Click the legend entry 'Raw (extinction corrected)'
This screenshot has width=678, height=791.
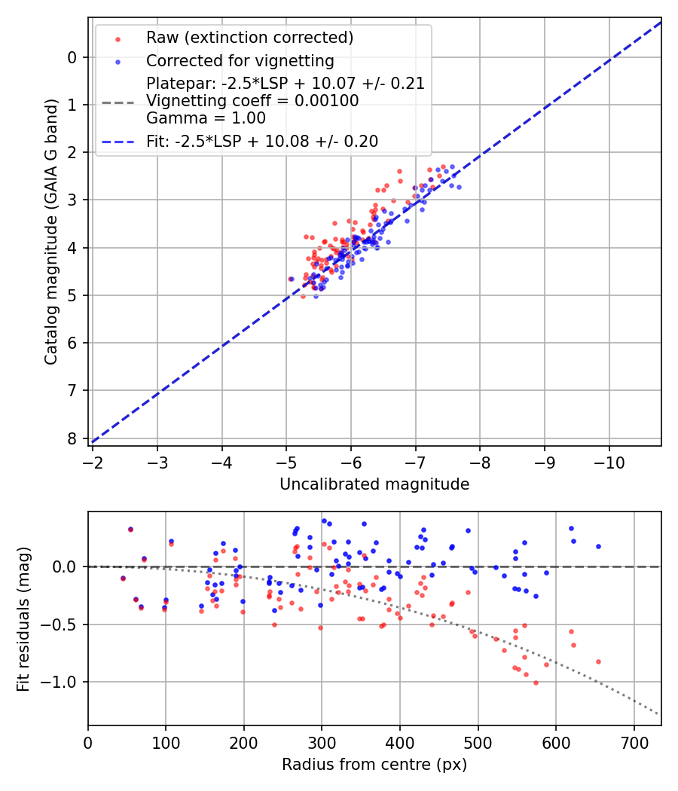(249, 38)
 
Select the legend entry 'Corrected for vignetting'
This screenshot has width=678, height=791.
(240, 60)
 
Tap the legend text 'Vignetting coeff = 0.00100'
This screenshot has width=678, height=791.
(252, 101)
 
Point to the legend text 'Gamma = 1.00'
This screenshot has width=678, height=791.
(206, 118)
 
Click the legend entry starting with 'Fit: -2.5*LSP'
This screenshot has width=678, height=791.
(261, 141)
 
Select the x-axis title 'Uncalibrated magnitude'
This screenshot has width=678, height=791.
(374, 484)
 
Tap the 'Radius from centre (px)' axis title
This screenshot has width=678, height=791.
(374, 765)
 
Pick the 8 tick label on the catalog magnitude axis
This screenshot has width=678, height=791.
(72, 438)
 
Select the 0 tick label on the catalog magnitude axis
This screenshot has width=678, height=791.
(72, 57)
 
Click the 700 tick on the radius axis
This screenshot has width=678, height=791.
(634, 742)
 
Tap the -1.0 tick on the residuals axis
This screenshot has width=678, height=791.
(65, 682)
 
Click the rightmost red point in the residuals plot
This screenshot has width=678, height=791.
(598, 661)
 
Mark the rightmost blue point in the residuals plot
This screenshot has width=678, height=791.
(598, 546)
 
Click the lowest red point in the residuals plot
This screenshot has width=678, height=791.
(536, 683)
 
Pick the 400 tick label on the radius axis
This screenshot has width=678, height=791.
(400, 742)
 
